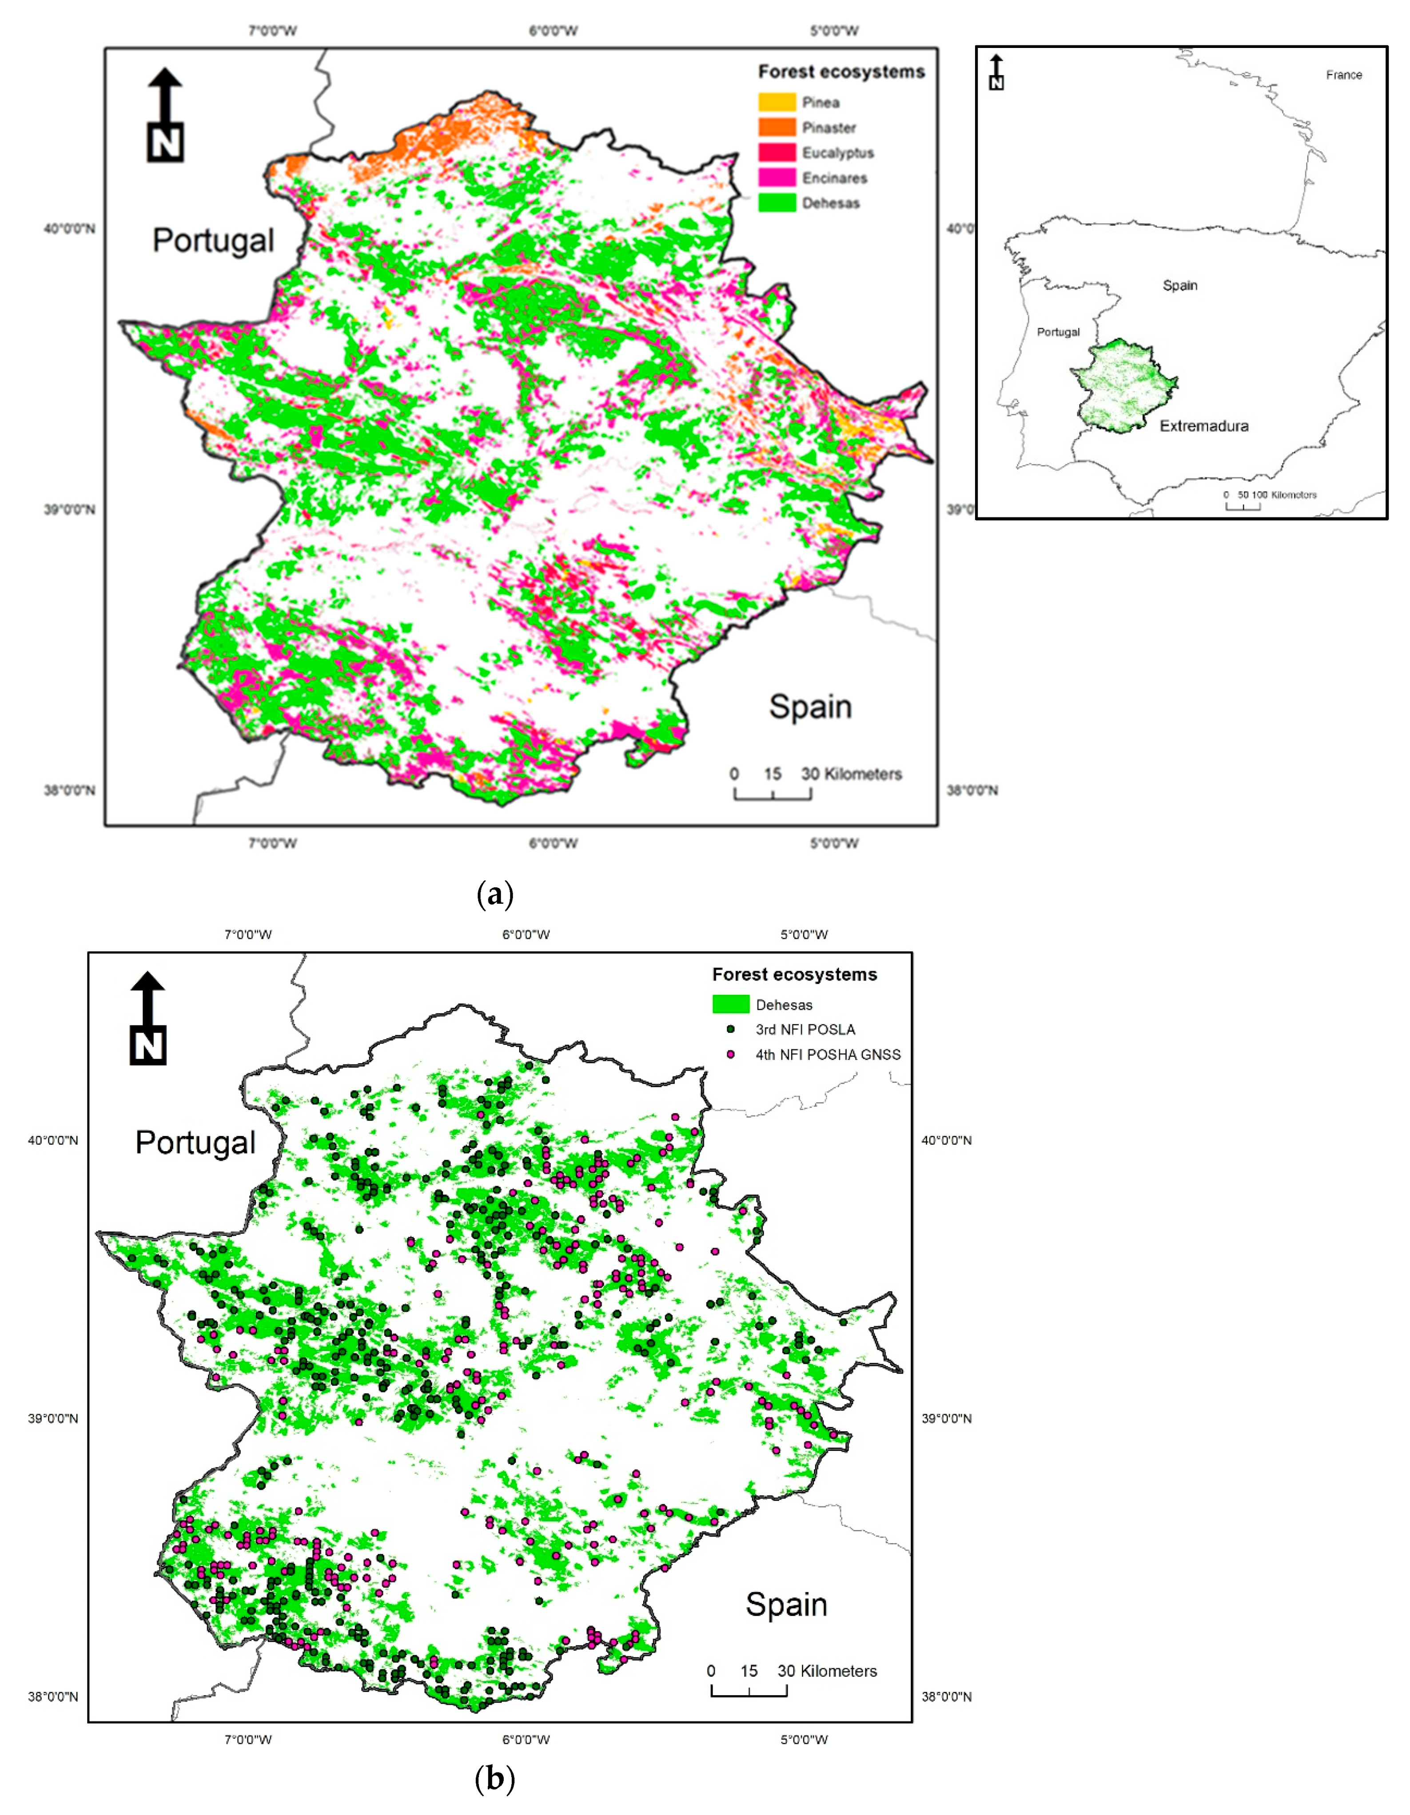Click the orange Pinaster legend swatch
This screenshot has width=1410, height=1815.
pyautogui.click(x=777, y=127)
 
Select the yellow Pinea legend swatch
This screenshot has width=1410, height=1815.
pyautogui.click(x=777, y=102)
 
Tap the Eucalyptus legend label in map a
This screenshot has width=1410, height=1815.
pyautogui.click(x=837, y=153)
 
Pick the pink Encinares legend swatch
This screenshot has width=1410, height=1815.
pyautogui.click(x=777, y=178)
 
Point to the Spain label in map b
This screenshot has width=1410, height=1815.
pyautogui.click(x=786, y=1605)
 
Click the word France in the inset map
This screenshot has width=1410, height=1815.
pyautogui.click(x=1343, y=75)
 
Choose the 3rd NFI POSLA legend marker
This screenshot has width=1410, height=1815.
pyautogui.click(x=731, y=1029)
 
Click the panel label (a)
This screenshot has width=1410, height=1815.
pyautogui.click(x=495, y=894)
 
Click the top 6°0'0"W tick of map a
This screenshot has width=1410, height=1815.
pyautogui.click(x=553, y=31)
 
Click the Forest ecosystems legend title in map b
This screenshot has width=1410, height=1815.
pyautogui.click(x=794, y=974)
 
